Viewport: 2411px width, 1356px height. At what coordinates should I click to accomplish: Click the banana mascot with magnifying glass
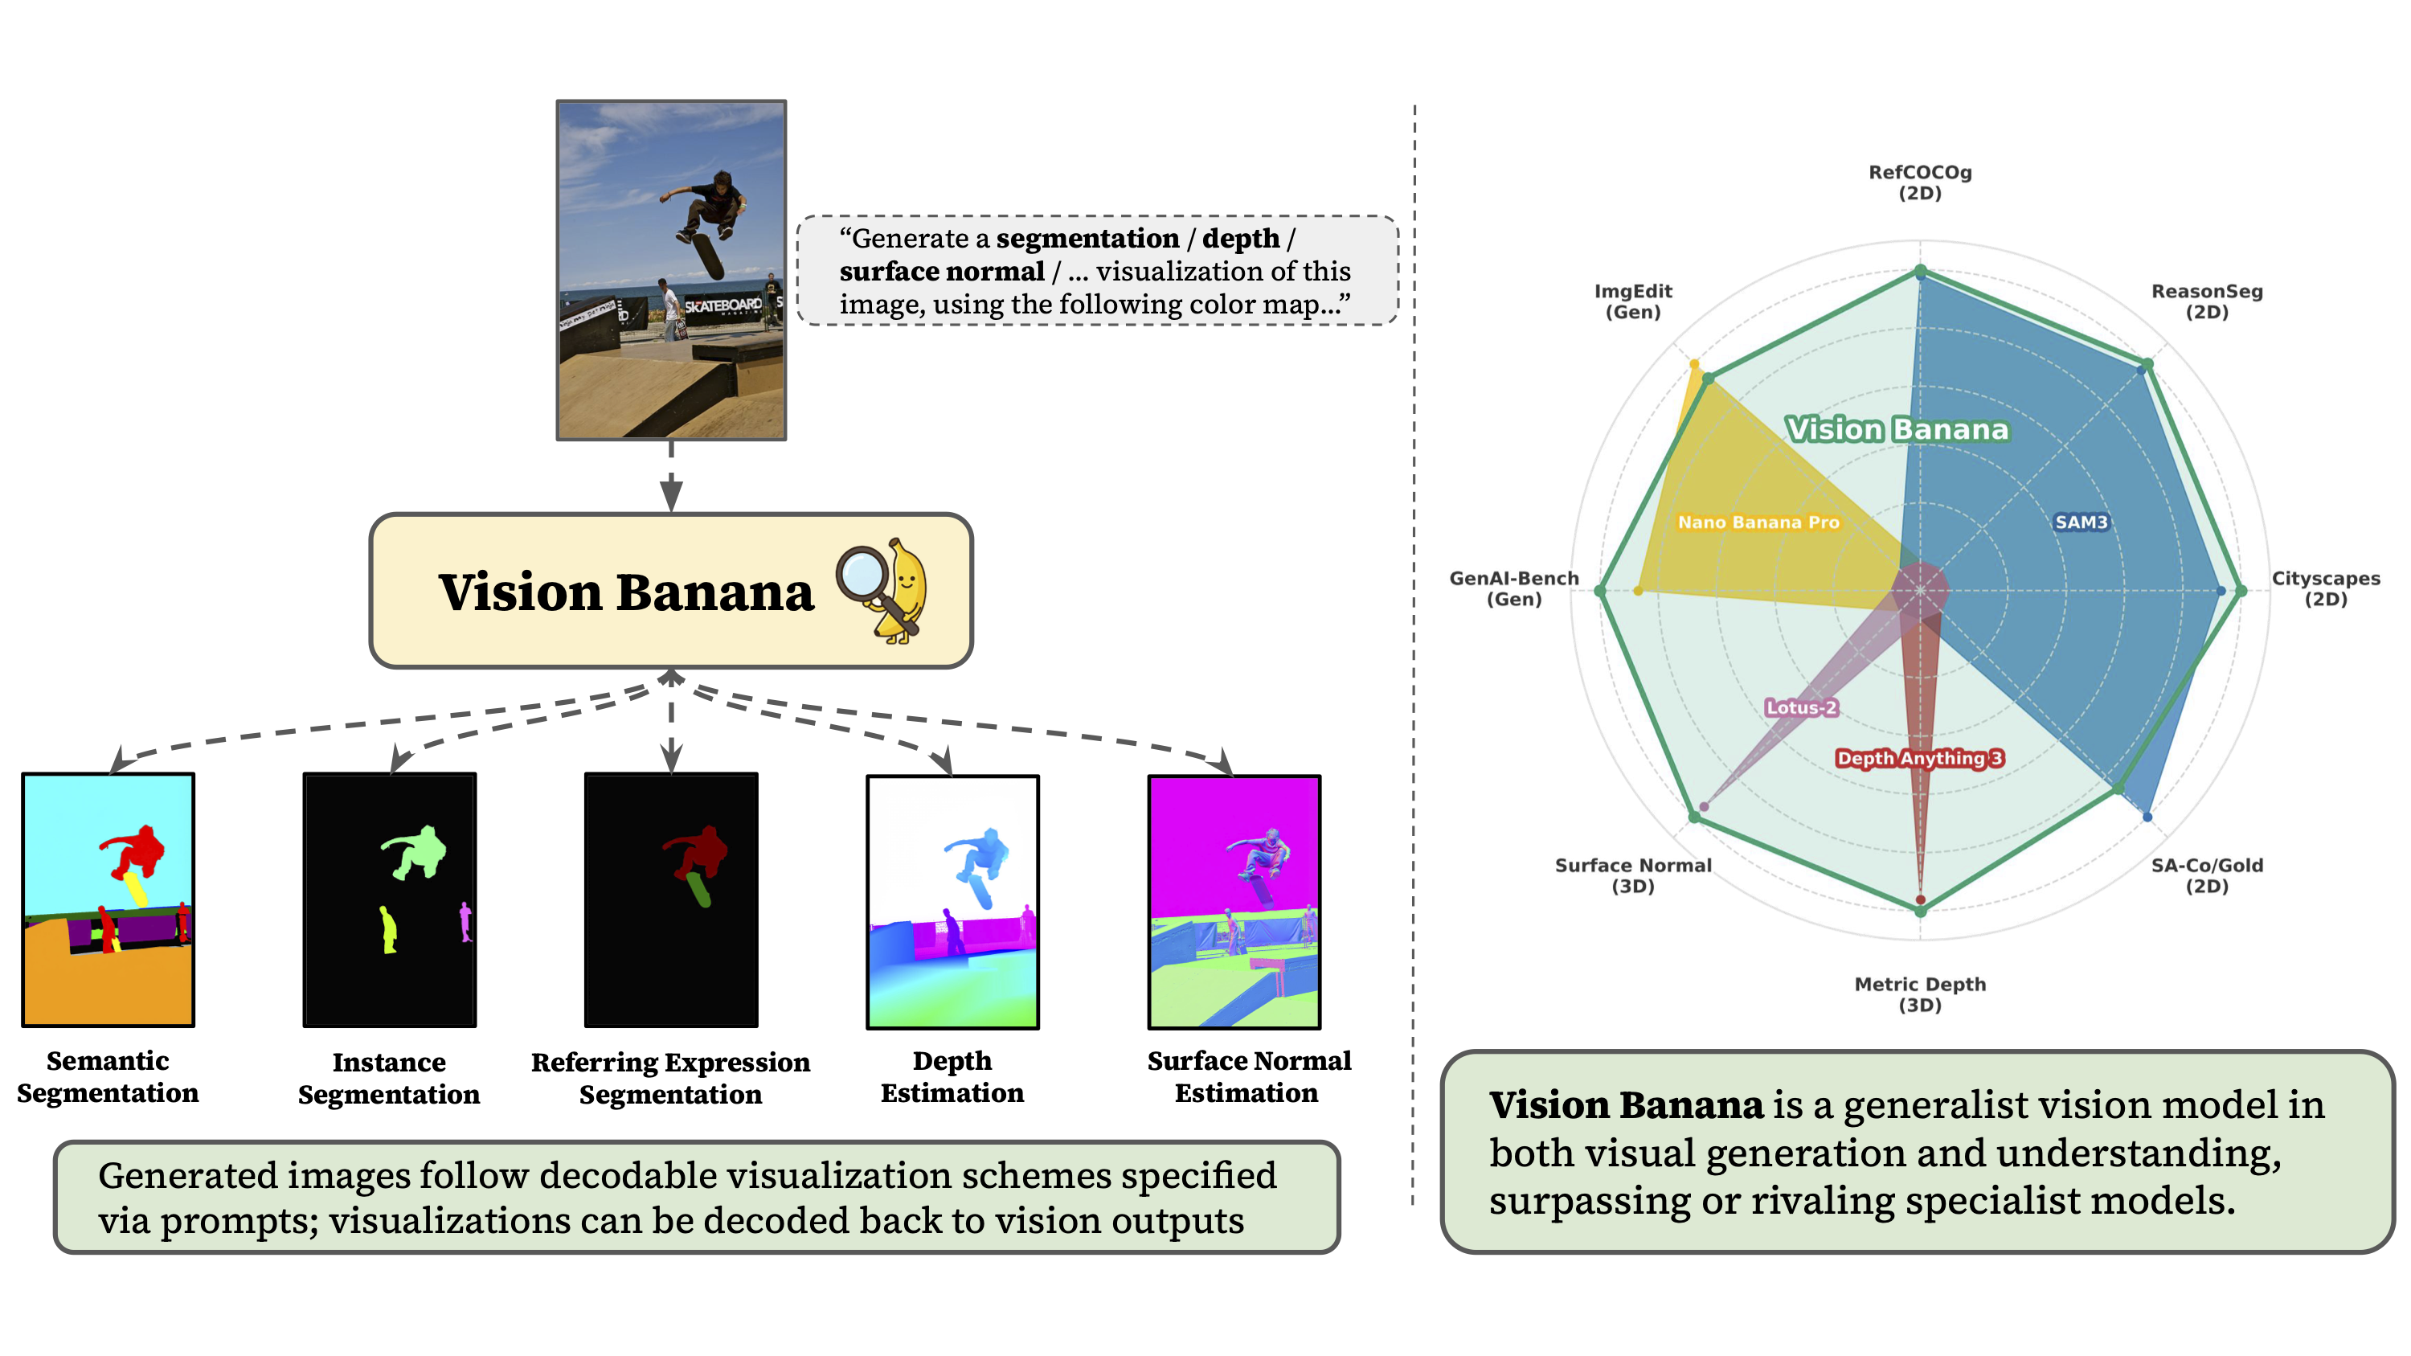click(885, 589)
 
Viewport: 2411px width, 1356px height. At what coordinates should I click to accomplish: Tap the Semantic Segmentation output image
click(108, 899)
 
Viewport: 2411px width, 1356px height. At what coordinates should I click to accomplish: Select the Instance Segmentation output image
click(389, 899)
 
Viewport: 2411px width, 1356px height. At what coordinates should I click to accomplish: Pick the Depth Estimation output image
click(952, 901)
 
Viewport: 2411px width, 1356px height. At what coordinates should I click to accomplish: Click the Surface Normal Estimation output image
click(1234, 901)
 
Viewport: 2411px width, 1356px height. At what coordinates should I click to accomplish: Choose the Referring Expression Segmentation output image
click(671, 899)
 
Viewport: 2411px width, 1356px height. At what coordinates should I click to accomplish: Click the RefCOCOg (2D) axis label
click(1920, 182)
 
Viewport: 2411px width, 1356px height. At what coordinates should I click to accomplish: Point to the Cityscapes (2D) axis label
click(2325, 588)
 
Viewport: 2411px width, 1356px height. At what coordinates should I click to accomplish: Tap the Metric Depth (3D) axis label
click(1920, 993)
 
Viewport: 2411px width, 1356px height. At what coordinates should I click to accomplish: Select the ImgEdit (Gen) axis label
click(1632, 301)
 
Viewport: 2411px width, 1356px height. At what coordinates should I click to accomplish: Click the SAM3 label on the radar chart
click(2081, 522)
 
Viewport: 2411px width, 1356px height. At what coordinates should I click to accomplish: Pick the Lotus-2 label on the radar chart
click(1801, 707)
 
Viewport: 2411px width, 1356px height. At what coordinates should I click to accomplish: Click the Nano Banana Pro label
click(1758, 522)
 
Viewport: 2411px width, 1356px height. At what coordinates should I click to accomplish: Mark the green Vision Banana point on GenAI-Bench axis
click(1600, 591)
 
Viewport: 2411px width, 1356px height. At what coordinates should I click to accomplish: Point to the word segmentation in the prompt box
click(1087, 239)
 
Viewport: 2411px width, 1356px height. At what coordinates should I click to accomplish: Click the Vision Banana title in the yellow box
click(626, 592)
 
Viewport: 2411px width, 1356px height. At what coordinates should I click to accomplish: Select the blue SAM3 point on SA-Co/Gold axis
click(2147, 817)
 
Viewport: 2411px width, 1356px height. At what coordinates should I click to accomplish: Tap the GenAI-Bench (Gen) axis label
click(1513, 588)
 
